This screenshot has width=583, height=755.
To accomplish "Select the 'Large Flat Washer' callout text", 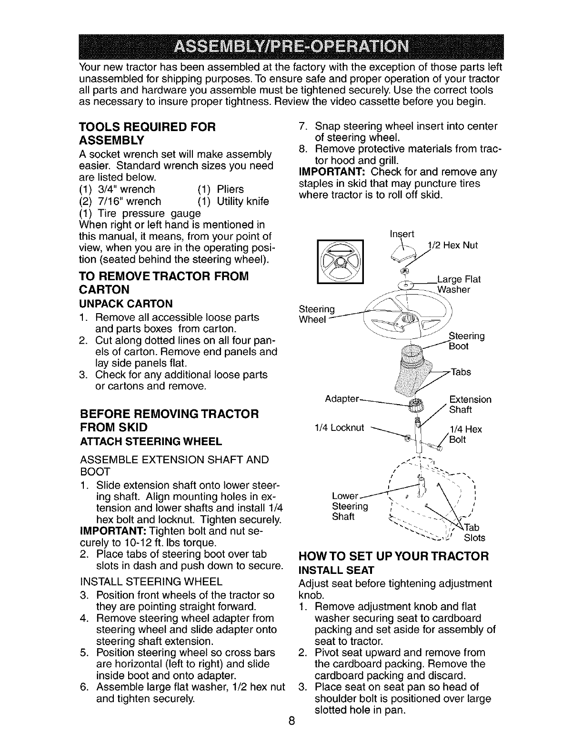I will (453, 285).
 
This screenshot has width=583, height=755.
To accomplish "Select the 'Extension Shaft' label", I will (470, 404).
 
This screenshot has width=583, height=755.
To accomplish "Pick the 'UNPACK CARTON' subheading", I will (126, 304).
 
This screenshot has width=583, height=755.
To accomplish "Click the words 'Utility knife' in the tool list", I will (242, 201).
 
